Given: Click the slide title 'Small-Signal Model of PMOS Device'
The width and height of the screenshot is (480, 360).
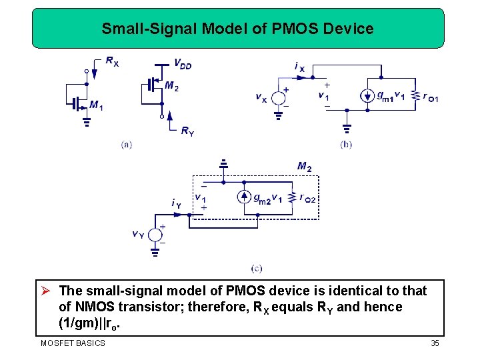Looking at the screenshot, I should [x=237, y=29].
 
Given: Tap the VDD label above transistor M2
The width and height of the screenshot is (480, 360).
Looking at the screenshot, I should [x=182, y=64].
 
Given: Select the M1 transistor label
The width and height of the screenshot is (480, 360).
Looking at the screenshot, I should [x=96, y=105].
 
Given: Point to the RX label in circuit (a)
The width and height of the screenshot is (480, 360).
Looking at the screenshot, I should [x=112, y=62].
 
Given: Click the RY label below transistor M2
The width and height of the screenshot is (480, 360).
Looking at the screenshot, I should [x=187, y=131].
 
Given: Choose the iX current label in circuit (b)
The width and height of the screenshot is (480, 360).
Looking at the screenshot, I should [x=299, y=67].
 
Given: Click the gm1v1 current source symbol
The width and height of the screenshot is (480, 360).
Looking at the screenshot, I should [x=367, y=96].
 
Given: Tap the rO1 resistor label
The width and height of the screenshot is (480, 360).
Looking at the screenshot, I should [x=431, y=97].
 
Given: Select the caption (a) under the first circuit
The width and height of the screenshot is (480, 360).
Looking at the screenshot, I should [x=127, y=144].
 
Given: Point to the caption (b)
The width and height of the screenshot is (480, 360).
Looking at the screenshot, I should [x=345, y=144].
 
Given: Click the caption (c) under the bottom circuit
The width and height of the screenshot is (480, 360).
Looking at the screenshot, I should [x=257, y=269].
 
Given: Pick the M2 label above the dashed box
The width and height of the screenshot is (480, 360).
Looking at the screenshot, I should [x=304, y=166].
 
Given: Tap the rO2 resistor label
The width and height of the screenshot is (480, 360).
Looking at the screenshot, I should [x=308, y=198].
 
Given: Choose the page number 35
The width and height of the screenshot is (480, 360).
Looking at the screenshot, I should [x=434, y=343].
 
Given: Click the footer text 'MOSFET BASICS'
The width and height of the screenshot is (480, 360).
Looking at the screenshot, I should [x=73, y=343].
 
